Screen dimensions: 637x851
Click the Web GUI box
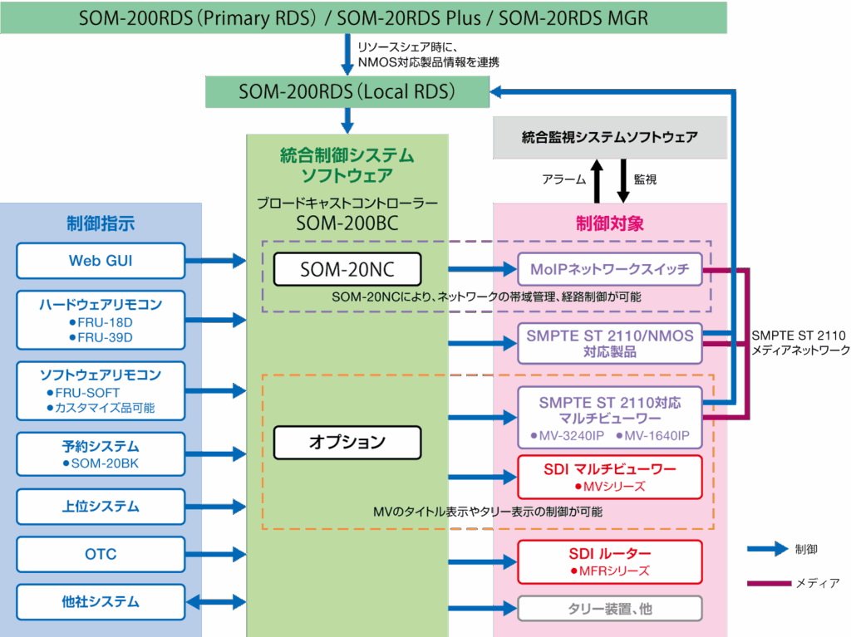pos(101,261)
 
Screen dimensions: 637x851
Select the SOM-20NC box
pos(347,269)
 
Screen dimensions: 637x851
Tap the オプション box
pos(347,442)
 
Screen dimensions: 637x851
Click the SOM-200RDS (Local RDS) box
pos(347,91)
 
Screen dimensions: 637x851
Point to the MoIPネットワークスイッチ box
pos(610,270)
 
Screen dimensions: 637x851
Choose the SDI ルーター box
pos(610,561)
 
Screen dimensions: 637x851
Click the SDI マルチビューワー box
pos(610,477)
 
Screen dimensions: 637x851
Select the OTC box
pos(101,554)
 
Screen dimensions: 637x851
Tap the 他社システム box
pos(101,602)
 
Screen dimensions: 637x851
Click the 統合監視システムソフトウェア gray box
pos(610,137)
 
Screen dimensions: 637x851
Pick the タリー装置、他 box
pos(610,609)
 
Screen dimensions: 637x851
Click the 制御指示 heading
pos(101,223)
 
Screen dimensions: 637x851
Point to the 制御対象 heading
pos(610,223)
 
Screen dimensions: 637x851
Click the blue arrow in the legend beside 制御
pos(767,549)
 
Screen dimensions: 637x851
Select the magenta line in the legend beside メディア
pos(767,584)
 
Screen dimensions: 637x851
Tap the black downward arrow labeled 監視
pos(623,181)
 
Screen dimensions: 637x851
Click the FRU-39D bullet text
pos(101,337)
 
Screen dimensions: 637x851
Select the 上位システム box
pos(101,507)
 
